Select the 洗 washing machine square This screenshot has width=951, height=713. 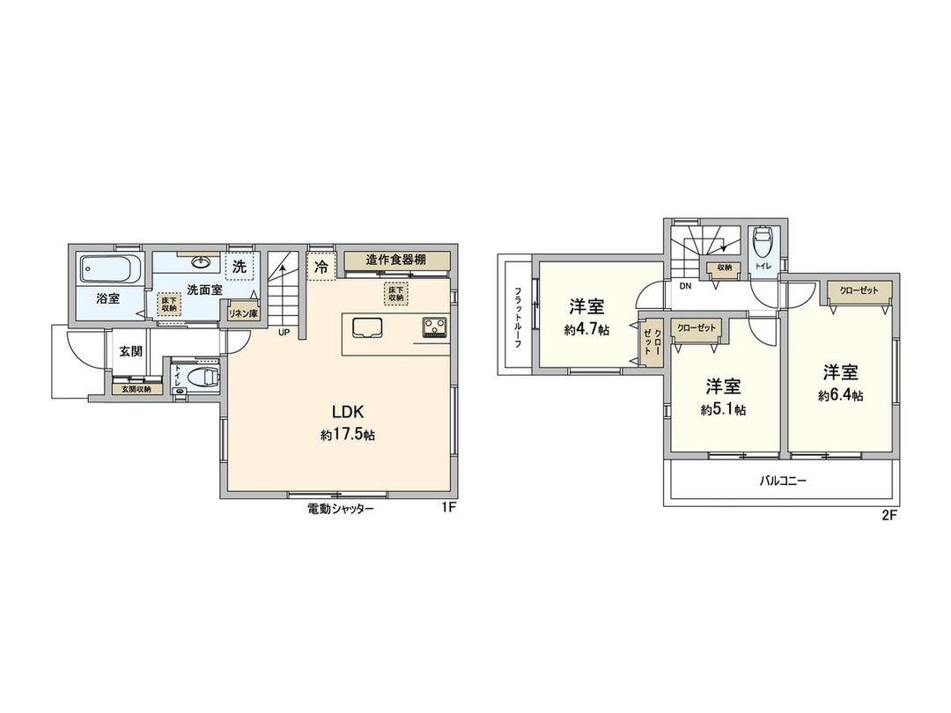[239, 265]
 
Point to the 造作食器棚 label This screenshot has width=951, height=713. [396, 260]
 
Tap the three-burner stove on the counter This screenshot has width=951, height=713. [435, 327]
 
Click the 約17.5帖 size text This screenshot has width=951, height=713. [348, 435]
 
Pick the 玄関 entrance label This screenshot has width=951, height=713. [131, 351]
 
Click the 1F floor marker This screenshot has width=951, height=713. [449, 509]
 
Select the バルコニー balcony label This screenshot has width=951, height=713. [785, 481]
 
